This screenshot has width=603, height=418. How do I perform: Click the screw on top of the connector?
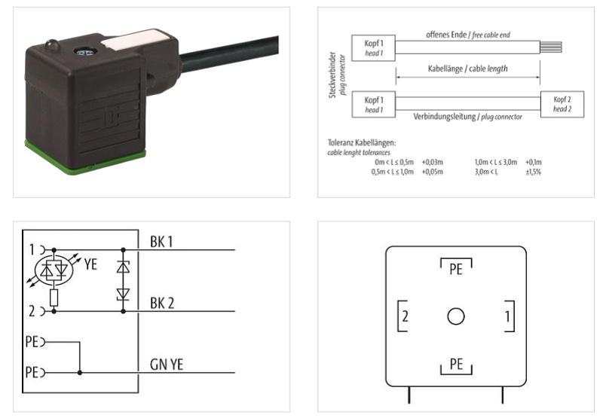click(84, 51)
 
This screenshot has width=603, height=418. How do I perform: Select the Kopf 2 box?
click(562, 104)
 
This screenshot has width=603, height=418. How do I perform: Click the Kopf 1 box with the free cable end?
click(373, 48)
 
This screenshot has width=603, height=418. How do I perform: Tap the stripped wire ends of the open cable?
click(551, 47)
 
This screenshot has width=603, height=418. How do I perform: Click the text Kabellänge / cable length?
click(467, 69)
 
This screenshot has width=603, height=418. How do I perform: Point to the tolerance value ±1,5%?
click(534, 172)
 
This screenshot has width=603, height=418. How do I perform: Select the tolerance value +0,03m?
click(432, 162)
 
